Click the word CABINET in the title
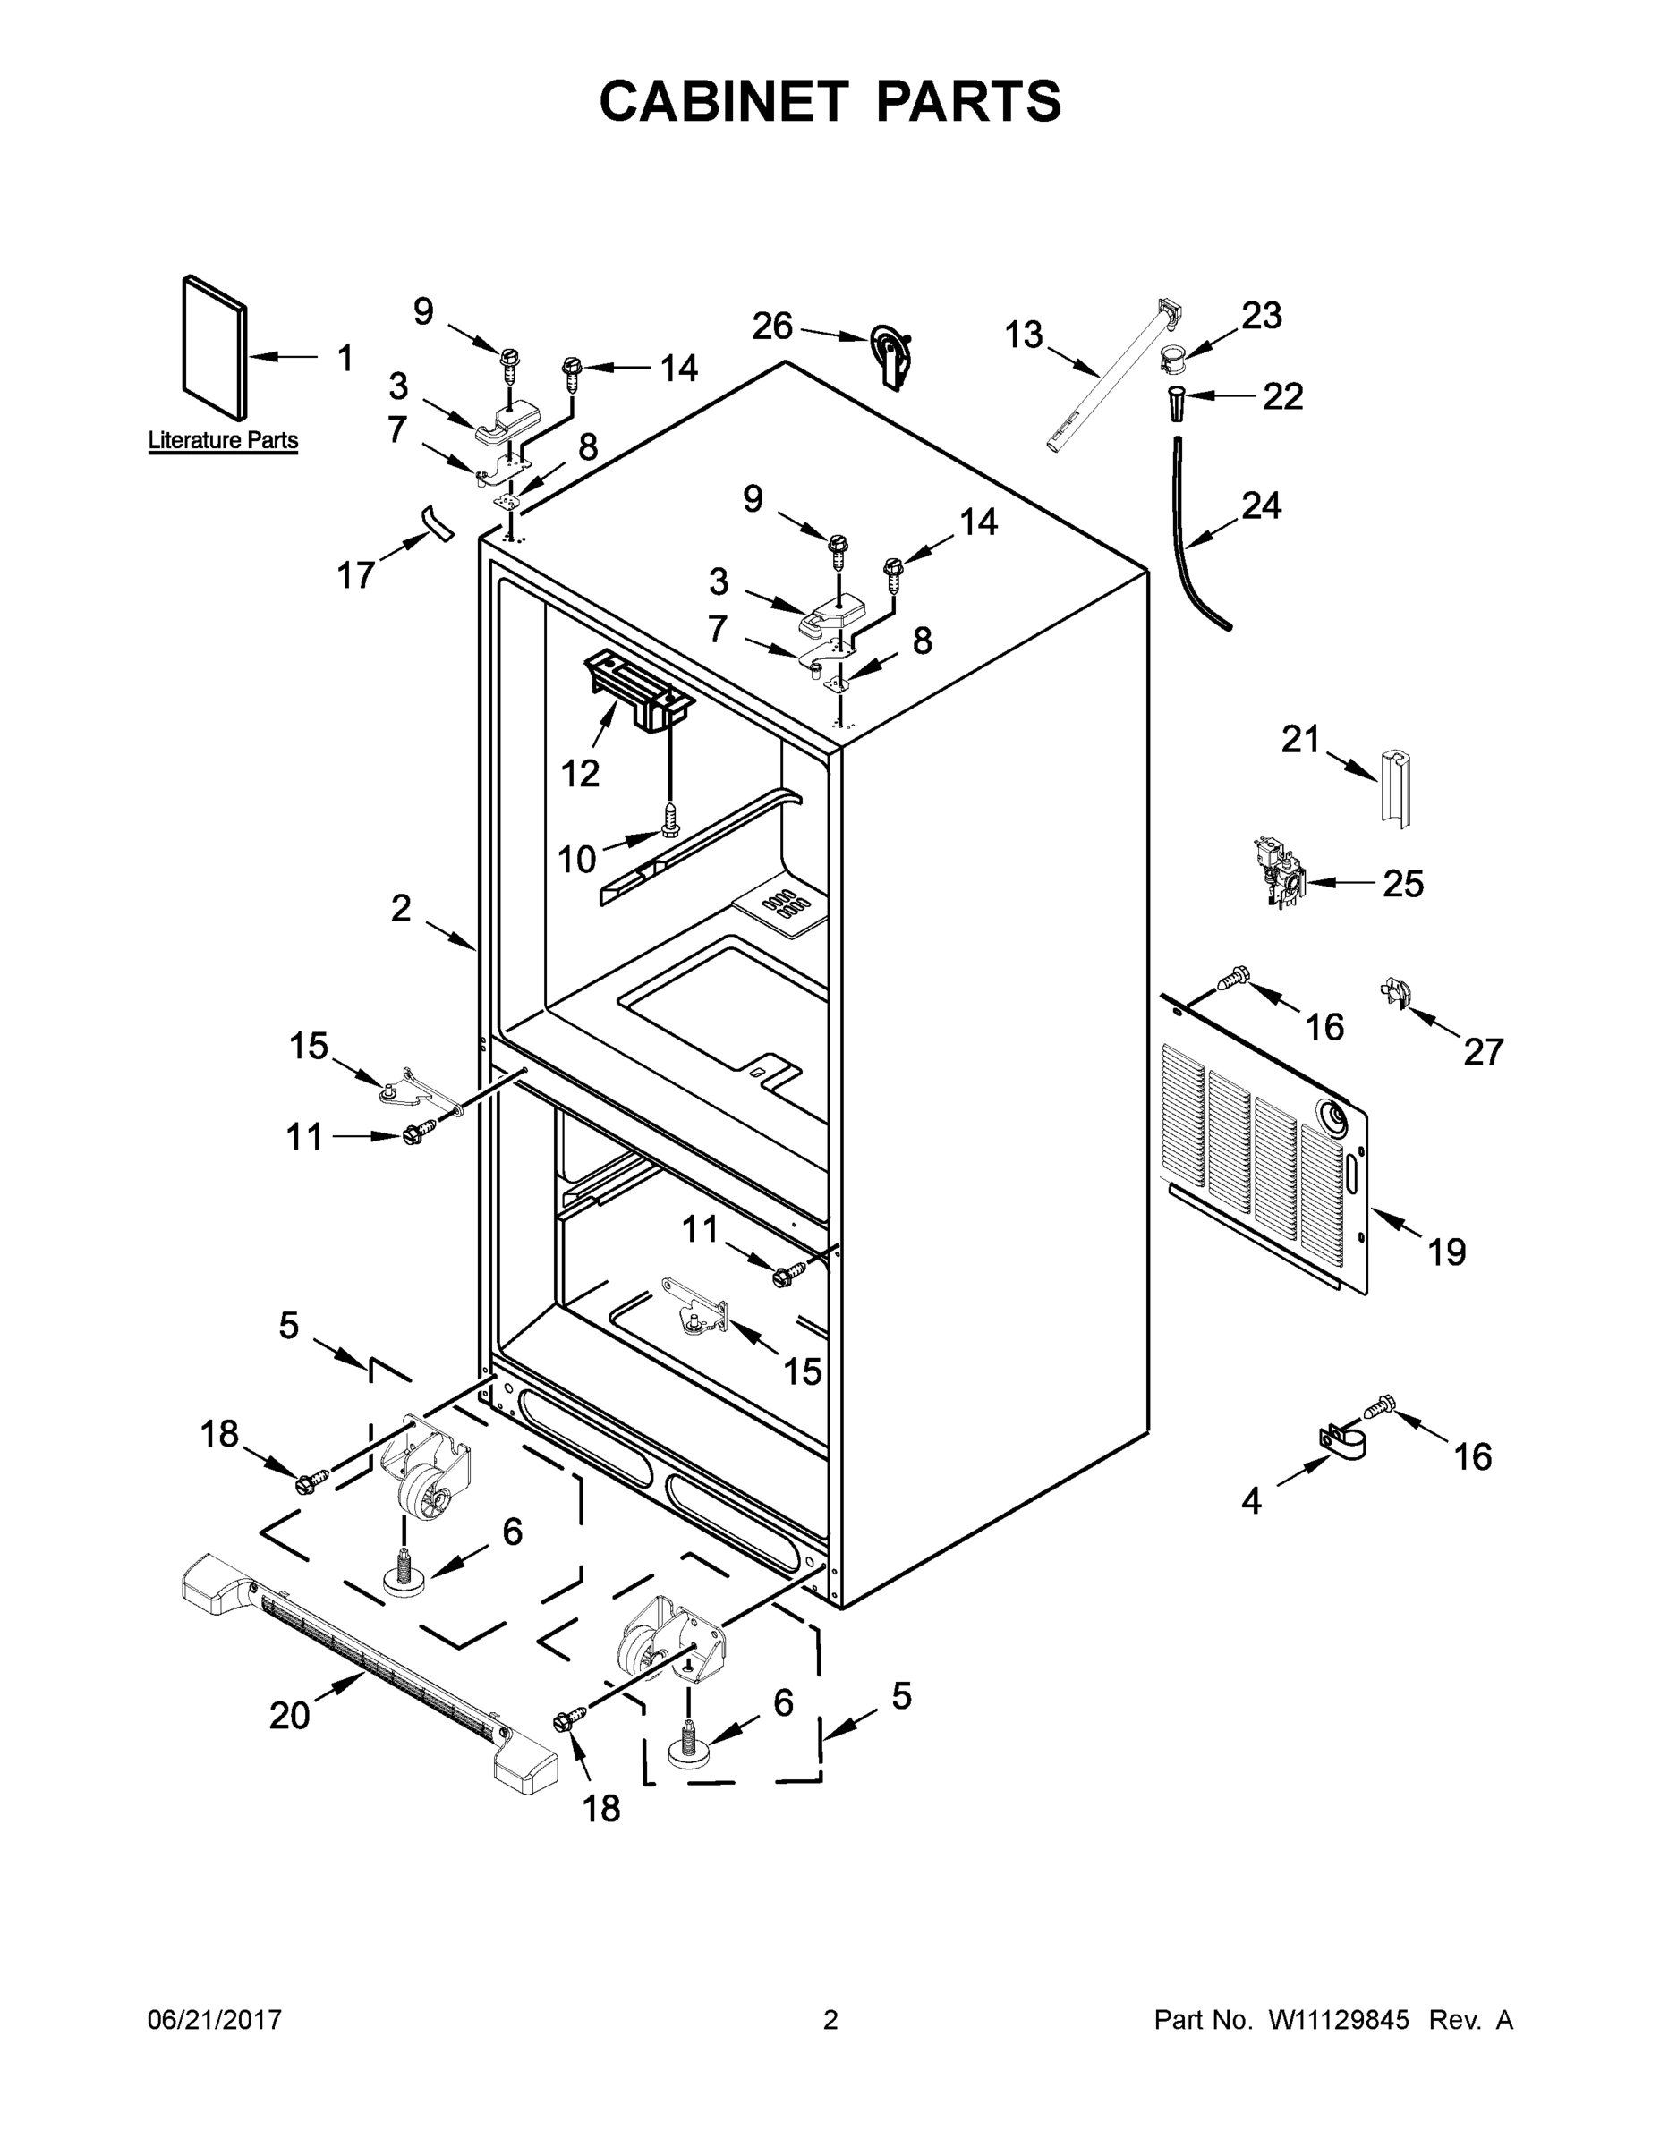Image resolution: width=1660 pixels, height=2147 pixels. point(724,101)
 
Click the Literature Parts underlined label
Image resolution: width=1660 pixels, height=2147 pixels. point(223,440)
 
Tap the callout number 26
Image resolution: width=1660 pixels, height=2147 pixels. point(772,327)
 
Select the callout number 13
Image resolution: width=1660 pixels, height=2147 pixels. point(1023,335)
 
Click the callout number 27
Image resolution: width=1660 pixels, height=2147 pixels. point(1483,1052)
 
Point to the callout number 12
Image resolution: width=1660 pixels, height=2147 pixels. point(580,774)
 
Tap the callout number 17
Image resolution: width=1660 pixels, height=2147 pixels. point(356,575)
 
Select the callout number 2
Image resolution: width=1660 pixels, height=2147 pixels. point(400,907)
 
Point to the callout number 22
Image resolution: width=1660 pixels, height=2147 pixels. point(1282,396)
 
